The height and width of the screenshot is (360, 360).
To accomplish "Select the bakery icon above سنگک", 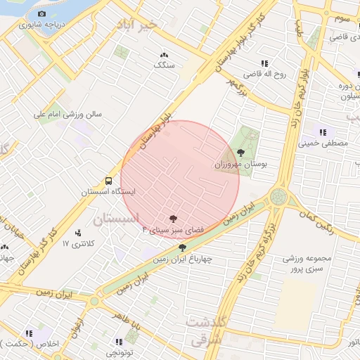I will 165,55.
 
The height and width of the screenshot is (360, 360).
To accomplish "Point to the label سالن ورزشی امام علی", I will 70,113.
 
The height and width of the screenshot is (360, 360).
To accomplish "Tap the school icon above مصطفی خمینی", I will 323,132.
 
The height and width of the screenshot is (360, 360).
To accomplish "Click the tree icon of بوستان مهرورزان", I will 241,152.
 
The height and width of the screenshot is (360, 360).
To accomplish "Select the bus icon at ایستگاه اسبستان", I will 108,181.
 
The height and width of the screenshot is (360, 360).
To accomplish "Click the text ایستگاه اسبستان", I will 108,191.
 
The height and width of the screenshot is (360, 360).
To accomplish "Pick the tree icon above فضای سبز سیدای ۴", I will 173,219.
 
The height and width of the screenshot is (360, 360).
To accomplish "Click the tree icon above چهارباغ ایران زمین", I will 183,247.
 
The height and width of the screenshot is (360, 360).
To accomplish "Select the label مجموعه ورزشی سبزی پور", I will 303,264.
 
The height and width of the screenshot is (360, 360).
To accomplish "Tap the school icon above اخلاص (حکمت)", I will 30,333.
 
